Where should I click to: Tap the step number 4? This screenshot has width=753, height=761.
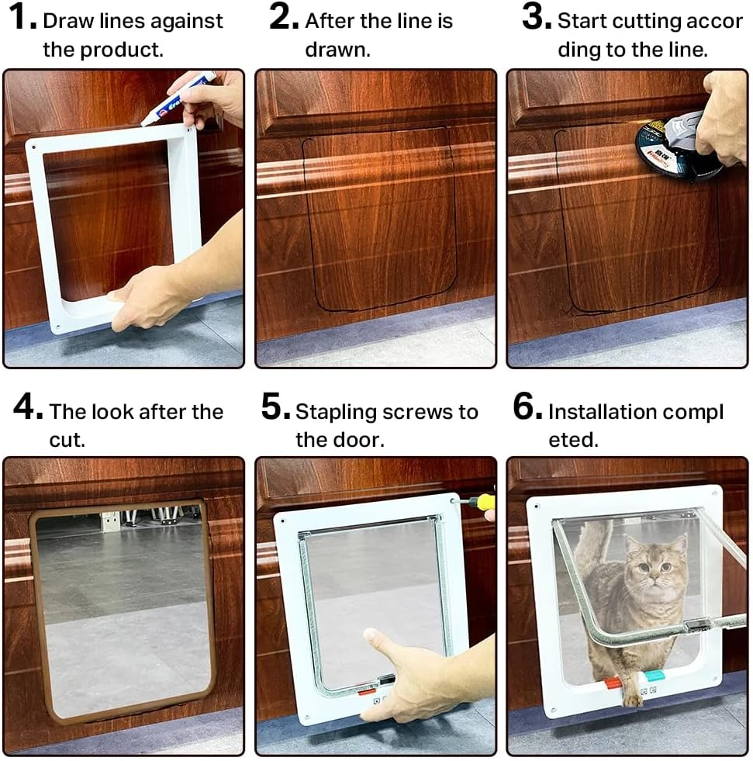27,410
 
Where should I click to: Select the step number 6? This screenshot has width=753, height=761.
527,410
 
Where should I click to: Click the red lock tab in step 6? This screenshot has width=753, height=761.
613,683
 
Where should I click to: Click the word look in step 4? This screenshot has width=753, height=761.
114,412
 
